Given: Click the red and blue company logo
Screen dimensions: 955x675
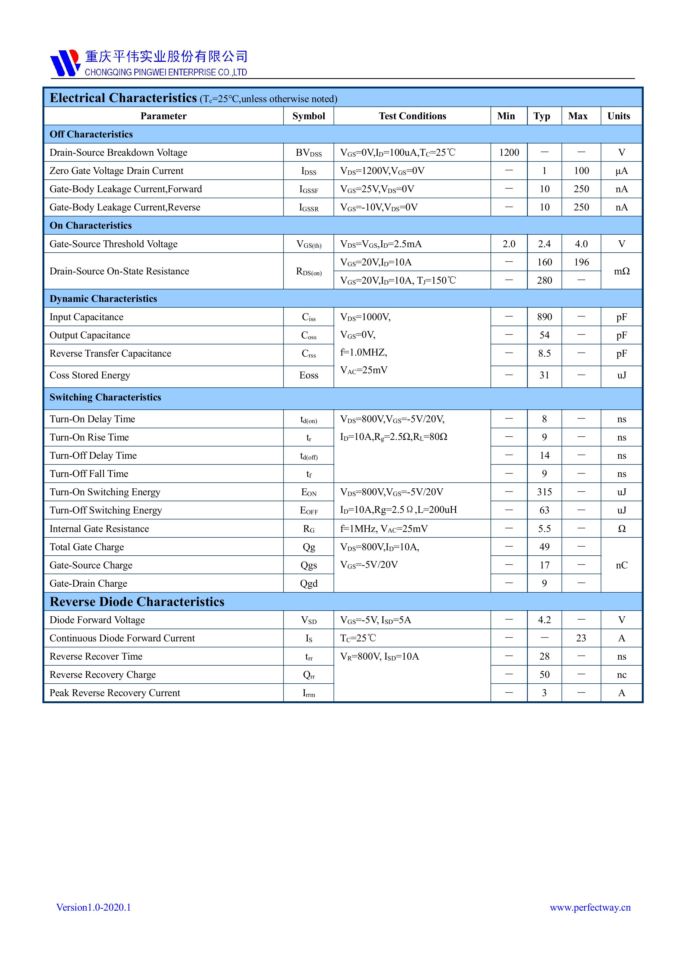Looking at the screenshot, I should click(65, 63).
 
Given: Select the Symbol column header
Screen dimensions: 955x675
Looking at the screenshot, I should click(309, 116).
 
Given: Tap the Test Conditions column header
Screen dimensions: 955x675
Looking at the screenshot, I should click(412, 116).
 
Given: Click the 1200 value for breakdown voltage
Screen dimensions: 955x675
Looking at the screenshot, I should click(509, 153).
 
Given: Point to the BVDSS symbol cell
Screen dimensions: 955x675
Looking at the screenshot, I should click(309, 153).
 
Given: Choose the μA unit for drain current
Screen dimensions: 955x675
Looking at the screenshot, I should click(621, 171).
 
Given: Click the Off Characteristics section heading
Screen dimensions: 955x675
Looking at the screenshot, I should click(91, 134).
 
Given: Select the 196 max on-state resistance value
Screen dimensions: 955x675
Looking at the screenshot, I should click(581, 262).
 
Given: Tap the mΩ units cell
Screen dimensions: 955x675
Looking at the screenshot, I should click(621, 271).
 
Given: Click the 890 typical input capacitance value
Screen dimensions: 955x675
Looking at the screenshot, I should click(544, 317).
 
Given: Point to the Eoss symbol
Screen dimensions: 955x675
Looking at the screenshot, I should click(309, 375).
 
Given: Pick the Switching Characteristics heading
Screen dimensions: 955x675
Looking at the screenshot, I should click(105, 397).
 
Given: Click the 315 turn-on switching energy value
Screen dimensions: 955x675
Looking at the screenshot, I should click(544, 492).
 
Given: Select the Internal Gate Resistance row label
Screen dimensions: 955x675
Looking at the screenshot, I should click(99, 529).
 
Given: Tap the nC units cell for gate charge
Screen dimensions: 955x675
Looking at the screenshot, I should click(621, 565).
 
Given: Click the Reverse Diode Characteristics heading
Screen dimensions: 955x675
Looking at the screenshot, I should click(137, 602).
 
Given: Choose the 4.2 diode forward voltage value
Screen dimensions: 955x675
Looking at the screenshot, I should click(544, 620).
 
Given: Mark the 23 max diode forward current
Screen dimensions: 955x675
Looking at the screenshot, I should click(581, 638).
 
